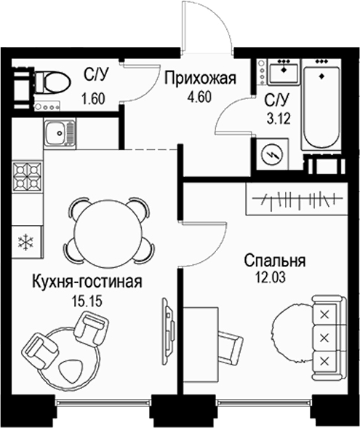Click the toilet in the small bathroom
pyautogui.click(x=47, y=81)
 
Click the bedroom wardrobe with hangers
pyautogui.click(x=297, y=197)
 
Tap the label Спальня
pyautogui.click(x=274, y=261)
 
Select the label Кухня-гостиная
pyautogui.click(x=87, y=281)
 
